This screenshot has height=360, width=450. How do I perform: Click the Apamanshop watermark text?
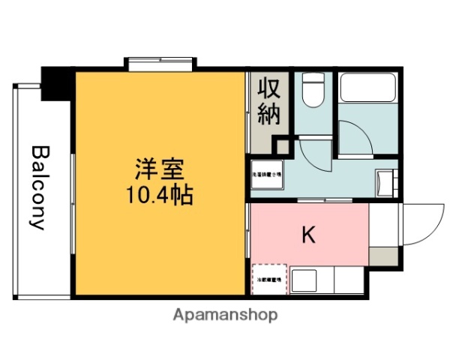click(x=226, y=315)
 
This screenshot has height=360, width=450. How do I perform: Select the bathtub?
click(x=367, y=88)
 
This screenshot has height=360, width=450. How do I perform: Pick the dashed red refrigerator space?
click(x=268, y=280)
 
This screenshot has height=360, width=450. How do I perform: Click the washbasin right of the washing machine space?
click(x=387, y=182)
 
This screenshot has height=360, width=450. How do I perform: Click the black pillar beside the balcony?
click(x=56, y=82)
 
